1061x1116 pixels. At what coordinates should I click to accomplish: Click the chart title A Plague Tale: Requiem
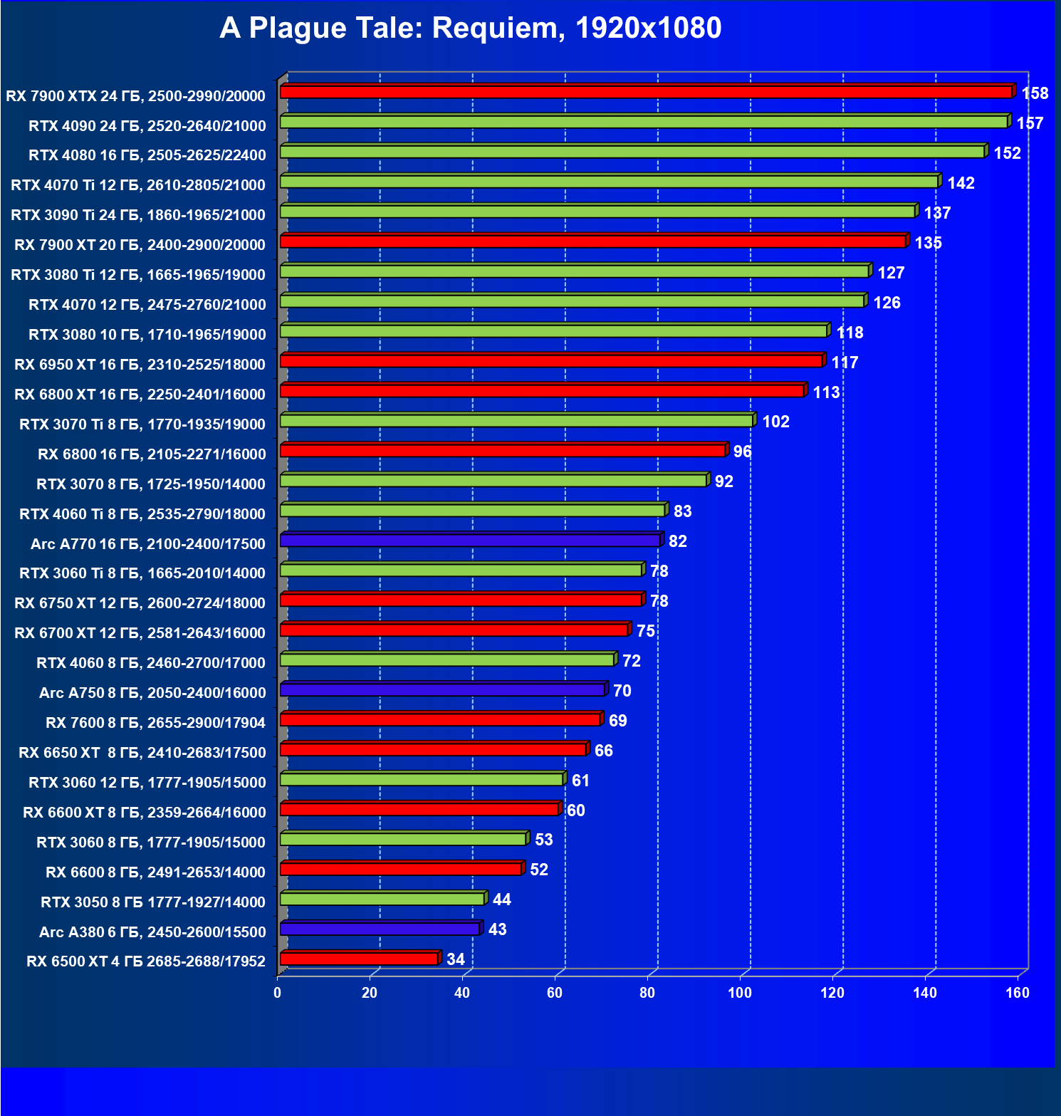(x=470, y=28)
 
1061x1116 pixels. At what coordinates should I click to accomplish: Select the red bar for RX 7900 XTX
(x=646, y=92)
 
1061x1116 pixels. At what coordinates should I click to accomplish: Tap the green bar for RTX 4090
(x=643, y=122)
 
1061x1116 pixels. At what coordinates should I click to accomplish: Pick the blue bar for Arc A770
(x=470, y=541)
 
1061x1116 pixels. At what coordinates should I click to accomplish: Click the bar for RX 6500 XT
(x=359, y=959)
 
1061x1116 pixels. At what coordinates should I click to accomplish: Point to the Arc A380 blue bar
(x=380, y=929)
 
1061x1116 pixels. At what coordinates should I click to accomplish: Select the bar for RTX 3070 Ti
(x=516, y=421)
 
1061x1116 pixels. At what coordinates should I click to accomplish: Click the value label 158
(x=1035, y=93)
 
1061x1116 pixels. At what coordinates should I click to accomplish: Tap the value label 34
(x=456, y=959)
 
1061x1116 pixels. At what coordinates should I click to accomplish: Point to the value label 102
(x=775, y=422)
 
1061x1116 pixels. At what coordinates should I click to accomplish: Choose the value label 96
(x=742, y=452)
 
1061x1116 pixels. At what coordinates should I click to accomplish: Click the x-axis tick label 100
(x=740, y=993)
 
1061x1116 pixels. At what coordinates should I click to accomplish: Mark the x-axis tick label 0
(x=278, y=993)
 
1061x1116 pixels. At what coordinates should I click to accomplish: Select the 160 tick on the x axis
(x=1018, y=993)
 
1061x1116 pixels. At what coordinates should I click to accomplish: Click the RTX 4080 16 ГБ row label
(x=147, y=155)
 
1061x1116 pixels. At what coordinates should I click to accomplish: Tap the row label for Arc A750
(x=152, y=693)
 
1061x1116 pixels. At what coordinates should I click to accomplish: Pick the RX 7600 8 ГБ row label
(x=155, y=723)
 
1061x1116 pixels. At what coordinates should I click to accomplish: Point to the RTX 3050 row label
(x=152, y=902)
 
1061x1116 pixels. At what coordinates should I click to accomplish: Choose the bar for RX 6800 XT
(x=542, y=391)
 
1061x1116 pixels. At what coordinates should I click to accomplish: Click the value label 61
(x=580, y=781)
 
